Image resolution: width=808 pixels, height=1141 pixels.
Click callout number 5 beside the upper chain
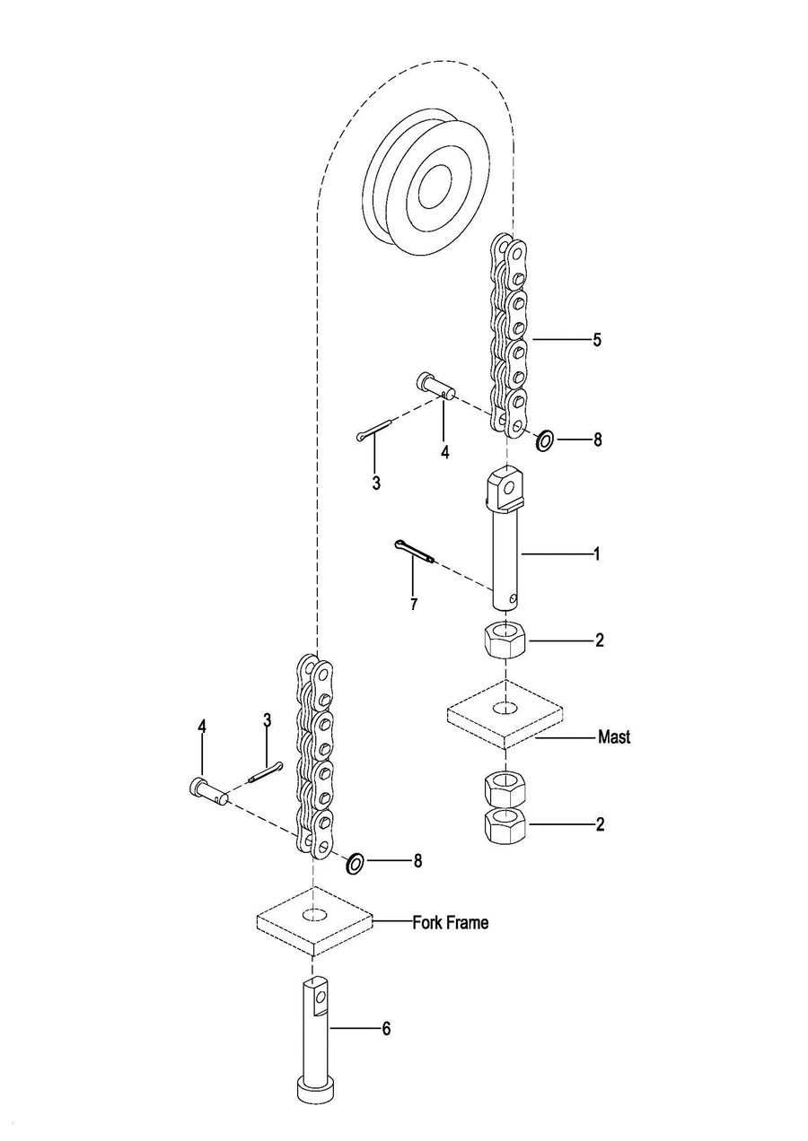pyautogui.click(x=596, y=340)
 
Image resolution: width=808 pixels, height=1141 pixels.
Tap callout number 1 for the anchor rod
pyautogui.click(x=596, y=554)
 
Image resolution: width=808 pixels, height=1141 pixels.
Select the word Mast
pyautogui.click(x=614, y=737)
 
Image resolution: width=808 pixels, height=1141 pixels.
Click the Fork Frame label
pyautogui.click(x=451, y=922)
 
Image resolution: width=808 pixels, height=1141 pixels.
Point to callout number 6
pyautogui.click(x=386, y=1029)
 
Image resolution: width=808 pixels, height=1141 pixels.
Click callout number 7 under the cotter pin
pyautogui.click(x=413, y=605)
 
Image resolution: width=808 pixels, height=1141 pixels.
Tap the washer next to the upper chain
pyautogui.click(x=544, y=440)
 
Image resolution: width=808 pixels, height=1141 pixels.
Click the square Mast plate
pyautogui.click(x=505, y=714)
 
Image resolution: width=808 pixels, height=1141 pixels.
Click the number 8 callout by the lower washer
pyautogui.click(x=417, y=861)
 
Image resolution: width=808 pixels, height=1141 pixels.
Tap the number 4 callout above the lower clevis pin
pyautogui.click(x=202, y=726)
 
